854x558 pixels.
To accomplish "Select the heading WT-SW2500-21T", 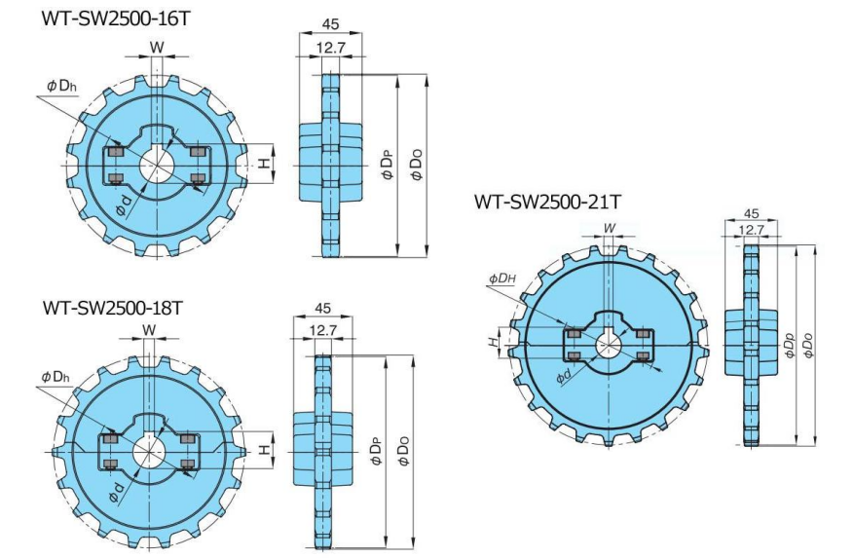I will [x=546, y=202].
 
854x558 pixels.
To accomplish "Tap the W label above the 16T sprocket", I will [x=156, y=47].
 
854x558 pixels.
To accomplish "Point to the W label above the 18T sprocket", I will [x=149, y=329].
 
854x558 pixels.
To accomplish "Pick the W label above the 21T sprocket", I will [x=610, y=228].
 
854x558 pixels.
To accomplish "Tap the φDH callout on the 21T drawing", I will [x=502, y=279].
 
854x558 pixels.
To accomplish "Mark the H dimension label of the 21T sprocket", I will [x=494, y=341].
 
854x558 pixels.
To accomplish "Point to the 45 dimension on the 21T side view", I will [x=751, y=213].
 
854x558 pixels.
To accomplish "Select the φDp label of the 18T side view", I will [x=375, y=452].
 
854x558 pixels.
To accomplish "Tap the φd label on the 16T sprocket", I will [x=124, y=205].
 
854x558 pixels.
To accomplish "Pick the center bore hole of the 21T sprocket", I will [x=609, y=345].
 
